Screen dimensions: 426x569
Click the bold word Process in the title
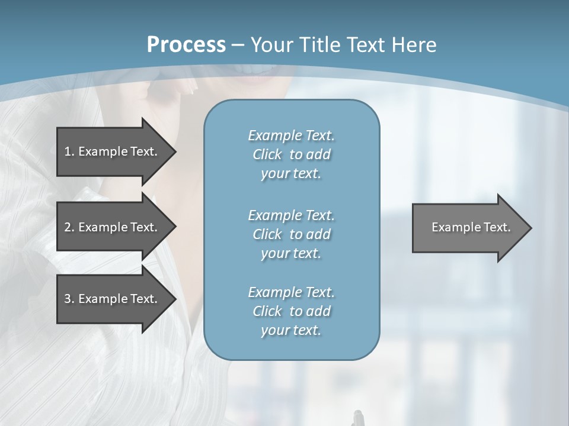186,45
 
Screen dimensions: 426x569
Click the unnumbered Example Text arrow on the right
468,227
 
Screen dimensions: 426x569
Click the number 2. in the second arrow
69,227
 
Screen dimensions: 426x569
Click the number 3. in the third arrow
69,299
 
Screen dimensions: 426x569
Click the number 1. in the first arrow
69,151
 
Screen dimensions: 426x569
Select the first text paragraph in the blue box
291,154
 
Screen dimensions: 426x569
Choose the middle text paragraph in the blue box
291,234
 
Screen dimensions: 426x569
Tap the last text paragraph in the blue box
291,311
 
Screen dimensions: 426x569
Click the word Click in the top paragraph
267,154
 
